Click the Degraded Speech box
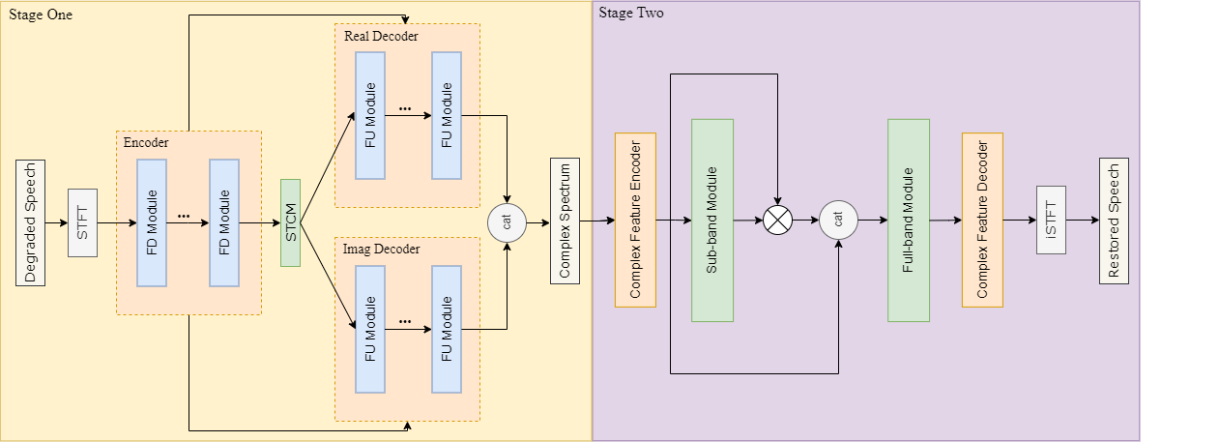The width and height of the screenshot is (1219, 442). pyautogui.click(x=30, y=221)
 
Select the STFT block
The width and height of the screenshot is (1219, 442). pyautogui.click(x=83, y=221)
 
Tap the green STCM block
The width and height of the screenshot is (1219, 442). pyautogui.click(x=290, y=221)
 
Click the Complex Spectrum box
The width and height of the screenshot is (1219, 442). pyautogui.click(x=565, y=220)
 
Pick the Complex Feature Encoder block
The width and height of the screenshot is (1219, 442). pyautogui.click(x=635, y=220)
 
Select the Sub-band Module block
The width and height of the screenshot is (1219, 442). pyautogui.click(x=712, y=220)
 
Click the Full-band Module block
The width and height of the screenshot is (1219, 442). pyautogui.click(x=909, y=220)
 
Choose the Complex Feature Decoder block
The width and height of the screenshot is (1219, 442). pyautogui.click(x=982, y=220)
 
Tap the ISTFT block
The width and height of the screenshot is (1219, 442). pyautogui.click(x=1051, y=220)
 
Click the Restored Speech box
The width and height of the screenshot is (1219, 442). pyautogui.click(x=1113, y=220)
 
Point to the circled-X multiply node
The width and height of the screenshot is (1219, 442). pyautogui.click(x=777, y=221)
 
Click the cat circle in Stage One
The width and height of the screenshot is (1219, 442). pyautogui.click(x=508, y=221)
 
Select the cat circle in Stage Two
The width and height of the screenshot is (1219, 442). pyautogui.click(x=838, y=220)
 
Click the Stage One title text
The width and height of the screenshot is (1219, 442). pyautogui.click(x=41, y=15)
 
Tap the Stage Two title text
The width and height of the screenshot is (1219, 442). pyautogui.click(x=630, y=14)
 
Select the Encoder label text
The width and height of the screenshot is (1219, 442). pyautogui.click(x=146, y=142)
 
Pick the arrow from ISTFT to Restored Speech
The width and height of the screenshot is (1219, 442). pyautogui.click(x=1082, y=220)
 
